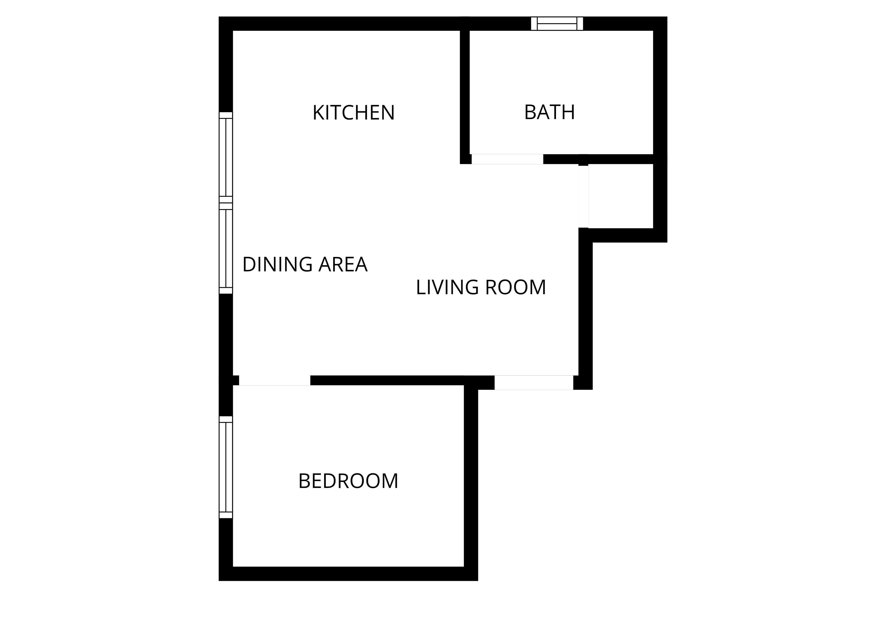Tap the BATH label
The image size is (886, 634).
[549, 112]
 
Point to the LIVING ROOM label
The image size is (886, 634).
[481, 287]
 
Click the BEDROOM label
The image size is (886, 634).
[348, 481]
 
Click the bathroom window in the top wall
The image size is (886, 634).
[557, 23]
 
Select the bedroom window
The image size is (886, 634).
[226, 467]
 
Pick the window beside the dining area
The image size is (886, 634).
[226, 248]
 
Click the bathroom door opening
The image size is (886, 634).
[507, 159]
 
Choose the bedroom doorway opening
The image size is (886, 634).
[275, 380]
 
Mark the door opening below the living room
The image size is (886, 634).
[534, 383]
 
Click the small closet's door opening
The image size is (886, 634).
[583, 197]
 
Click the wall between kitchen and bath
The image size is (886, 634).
[465, 90]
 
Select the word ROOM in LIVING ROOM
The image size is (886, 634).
[515, 287]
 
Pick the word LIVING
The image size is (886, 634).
[447, 287]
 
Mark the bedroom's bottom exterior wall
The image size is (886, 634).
[348, 574]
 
